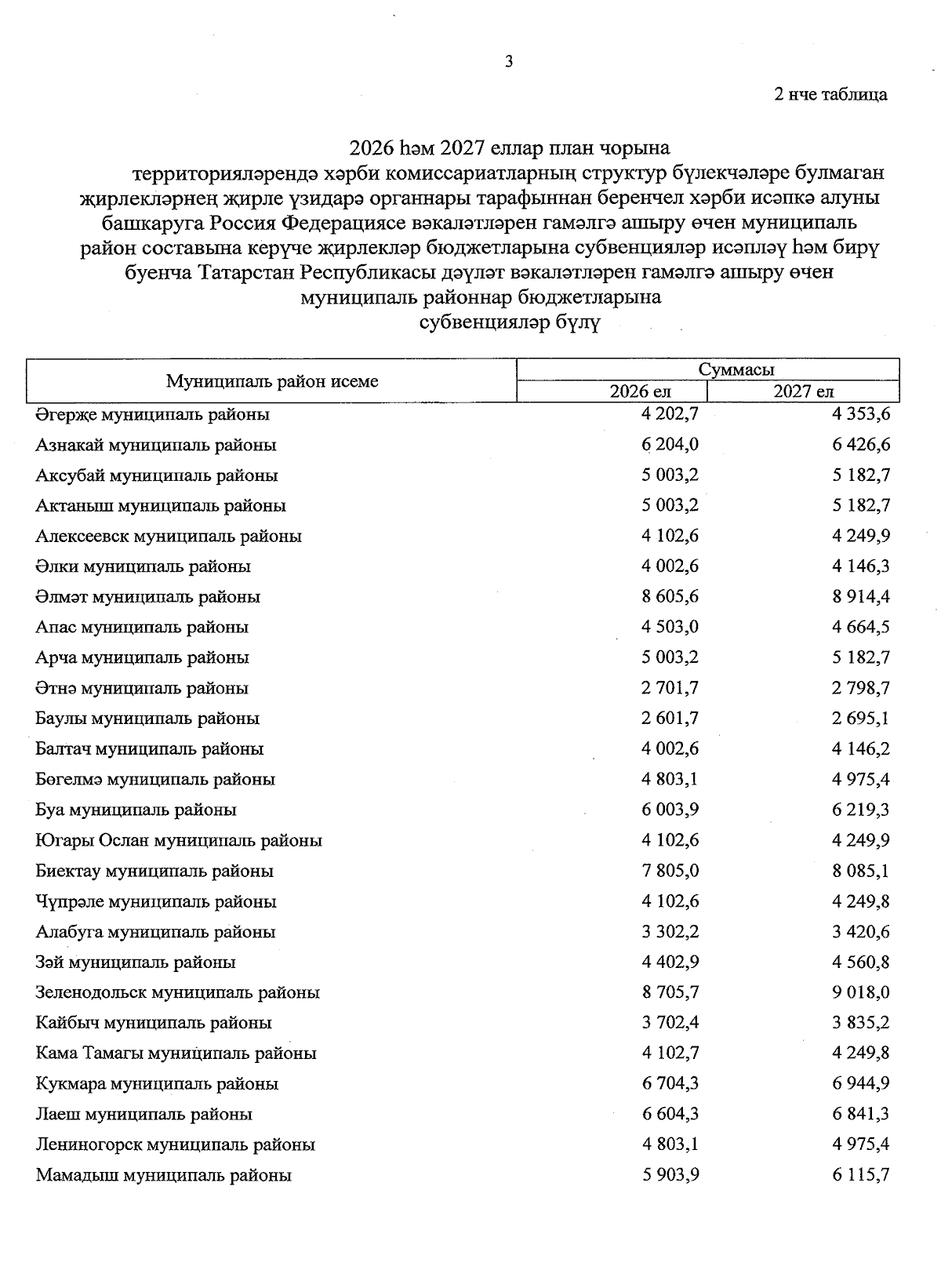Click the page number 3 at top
pyautogui.click(x=509, y=62)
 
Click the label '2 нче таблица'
pyautogui.click(x=830, y=95)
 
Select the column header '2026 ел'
pyautogui.click(x=641, y=391)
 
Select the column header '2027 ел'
pyautogui.click(x=803, y=391)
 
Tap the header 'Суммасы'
pyautogui.click(x=736, y=370)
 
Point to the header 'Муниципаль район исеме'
pyautogui.click(x=272, y=381)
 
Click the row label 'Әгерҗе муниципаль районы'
pyautogui.click(x=152, y=414)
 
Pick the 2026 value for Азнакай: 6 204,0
pyautogui.click(x=670, y=445)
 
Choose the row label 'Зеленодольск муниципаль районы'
pyautogui.click(x=177, y=992)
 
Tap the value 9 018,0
pyautogui.click(x=860, y=992)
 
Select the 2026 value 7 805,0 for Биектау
pyautogui.click(x=670, y=871)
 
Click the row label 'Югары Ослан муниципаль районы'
pyautogui.click(x=179, y=840)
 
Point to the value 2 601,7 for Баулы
pyautogui.click(x=670, y=719)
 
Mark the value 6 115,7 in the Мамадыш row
pyautogui.click(x=860, y=1175)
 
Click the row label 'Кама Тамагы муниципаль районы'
pyautogui.click(x=176, y=1054)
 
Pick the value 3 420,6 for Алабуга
pyautogui.click(x=860, y=932)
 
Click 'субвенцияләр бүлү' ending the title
pyautogui.click(x=510, y=322)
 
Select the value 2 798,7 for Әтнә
pyautogui.click(x=860, y=688)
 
